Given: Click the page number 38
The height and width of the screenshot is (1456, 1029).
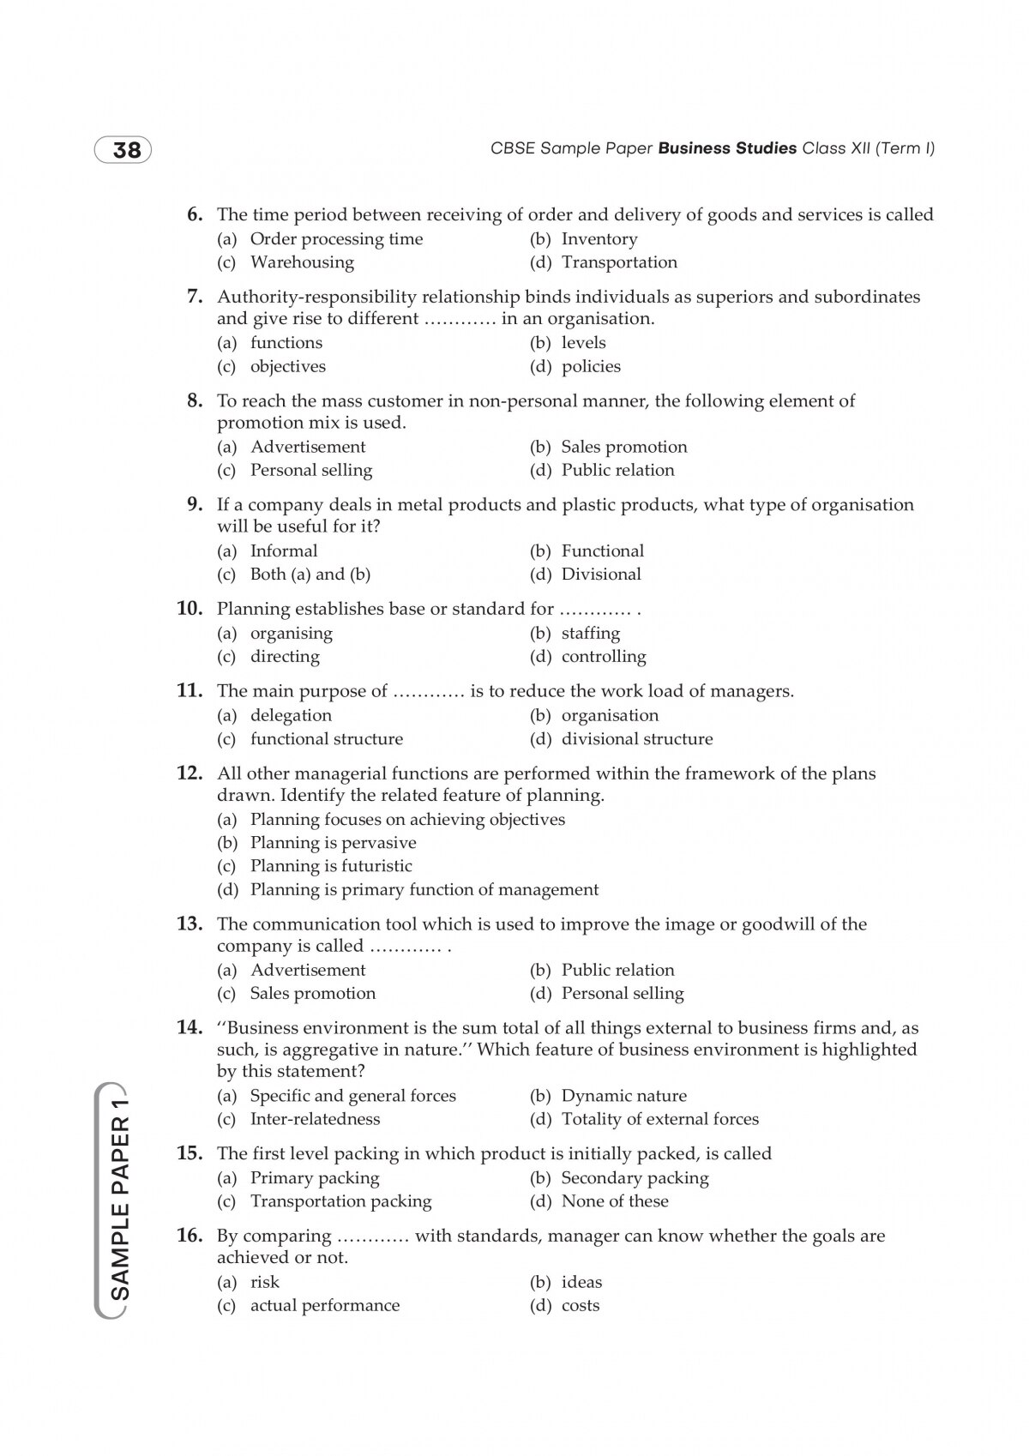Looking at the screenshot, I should [x=126, y=151].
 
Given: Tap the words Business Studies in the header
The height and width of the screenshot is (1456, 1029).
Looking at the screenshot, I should [x=727, y=148].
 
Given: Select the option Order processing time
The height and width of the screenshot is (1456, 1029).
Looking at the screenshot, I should [x=336, y=239].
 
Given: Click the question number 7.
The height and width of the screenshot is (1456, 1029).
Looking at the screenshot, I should [x=195, y=297].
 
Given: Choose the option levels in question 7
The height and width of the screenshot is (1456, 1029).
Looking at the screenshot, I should [x=583, y=343].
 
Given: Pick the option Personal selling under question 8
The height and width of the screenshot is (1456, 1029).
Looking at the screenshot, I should [x=310, y=470].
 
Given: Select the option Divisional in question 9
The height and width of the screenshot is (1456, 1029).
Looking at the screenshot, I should [x=600, y=575].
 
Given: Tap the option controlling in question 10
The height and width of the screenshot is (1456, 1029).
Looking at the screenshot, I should [x=603, y=657].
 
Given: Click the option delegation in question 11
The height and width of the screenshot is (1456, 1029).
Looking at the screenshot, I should [x=291, y=715].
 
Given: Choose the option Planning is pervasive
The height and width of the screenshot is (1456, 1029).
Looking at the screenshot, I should [x=333, y=843].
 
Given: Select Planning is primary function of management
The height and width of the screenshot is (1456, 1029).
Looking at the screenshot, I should [x=424, y=890].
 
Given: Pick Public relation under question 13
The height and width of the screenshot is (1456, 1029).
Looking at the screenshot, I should [x=617, y=970].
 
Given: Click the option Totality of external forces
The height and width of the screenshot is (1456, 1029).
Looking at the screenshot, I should [x=659, y=1119].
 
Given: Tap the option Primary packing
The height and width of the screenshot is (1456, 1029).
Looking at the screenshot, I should [x=314, y=1178].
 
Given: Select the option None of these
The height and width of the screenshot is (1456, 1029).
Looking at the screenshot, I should [x=614, y=1201].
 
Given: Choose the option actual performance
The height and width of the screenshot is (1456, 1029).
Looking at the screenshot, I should [x=324, y=1306].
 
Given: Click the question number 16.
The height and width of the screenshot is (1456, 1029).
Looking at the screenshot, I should [x=189, y=1236].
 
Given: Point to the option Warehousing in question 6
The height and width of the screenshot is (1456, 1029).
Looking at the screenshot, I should [x=302, y=262].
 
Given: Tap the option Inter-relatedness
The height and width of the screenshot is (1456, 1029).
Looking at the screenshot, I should [x=314, y=1119].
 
